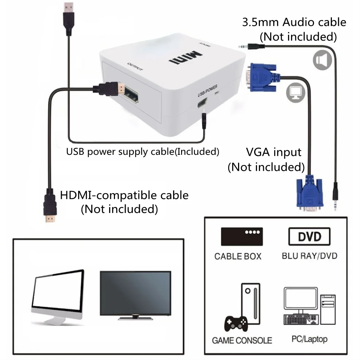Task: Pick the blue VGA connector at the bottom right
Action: [x=309, y=194]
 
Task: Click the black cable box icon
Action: [x=242, y=237]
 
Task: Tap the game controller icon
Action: [x=236, y=323]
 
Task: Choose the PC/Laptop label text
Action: [x=309, y=339]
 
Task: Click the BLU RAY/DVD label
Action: [x=309, y=256]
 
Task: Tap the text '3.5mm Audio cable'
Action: [x=294, y=22]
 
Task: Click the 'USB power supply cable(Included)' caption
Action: [x=142, y=151]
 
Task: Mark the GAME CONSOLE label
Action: [x=242, y=340]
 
